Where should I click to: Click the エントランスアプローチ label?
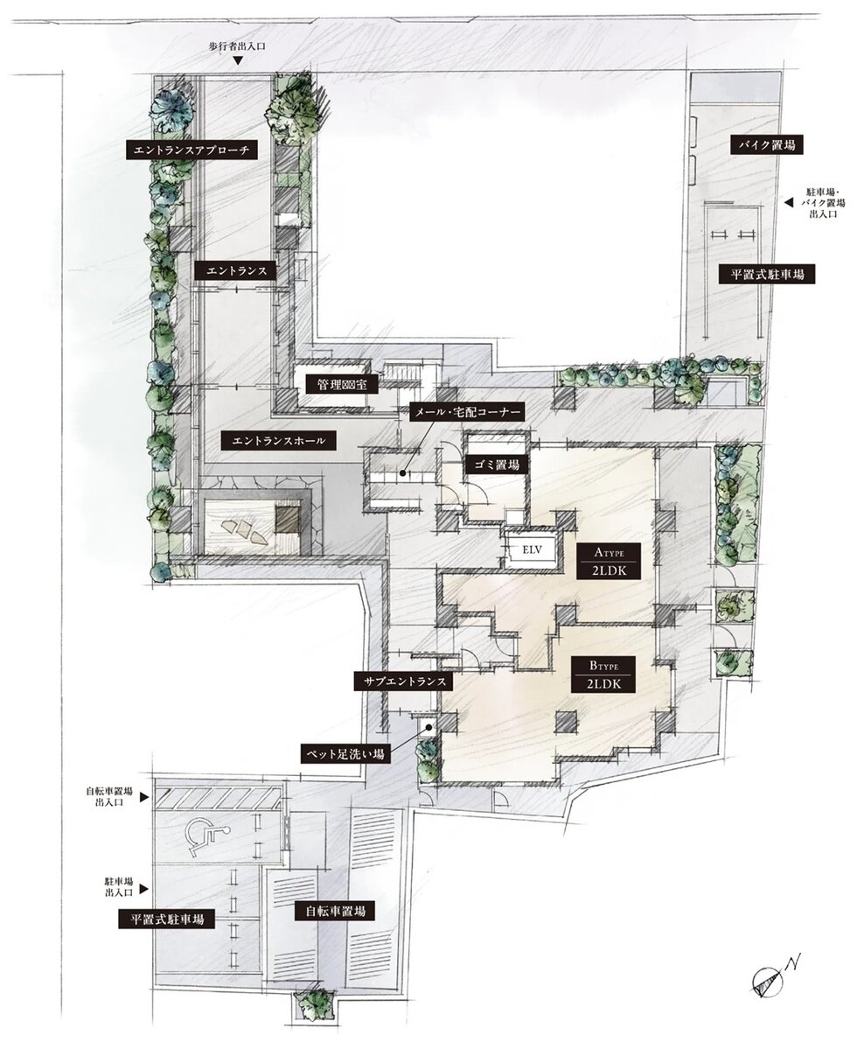point(192,150)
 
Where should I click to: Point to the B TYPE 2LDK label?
point(604,675)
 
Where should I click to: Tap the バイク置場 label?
point(766,144)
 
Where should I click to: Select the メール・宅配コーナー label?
point(466,411)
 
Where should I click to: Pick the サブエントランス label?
point(403,681)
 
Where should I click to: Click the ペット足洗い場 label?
point(345,754)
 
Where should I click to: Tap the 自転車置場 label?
point(331,911)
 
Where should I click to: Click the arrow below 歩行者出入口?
point(237,62)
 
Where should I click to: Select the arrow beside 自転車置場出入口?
point(143,797)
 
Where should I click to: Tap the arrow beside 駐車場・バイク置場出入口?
point(788,203)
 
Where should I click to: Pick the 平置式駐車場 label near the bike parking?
point(767,273)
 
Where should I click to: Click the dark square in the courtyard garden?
point(289,517)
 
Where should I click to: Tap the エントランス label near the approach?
point(236,270)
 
